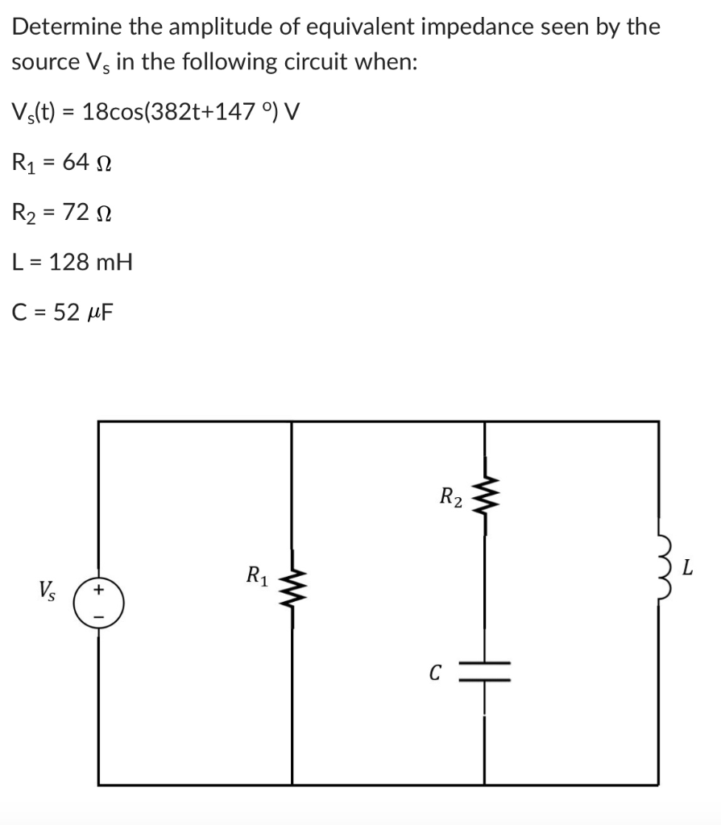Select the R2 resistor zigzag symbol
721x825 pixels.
click(484, 499)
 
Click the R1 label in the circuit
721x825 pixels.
click(256, 577)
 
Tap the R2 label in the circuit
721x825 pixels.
click(450, 497)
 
